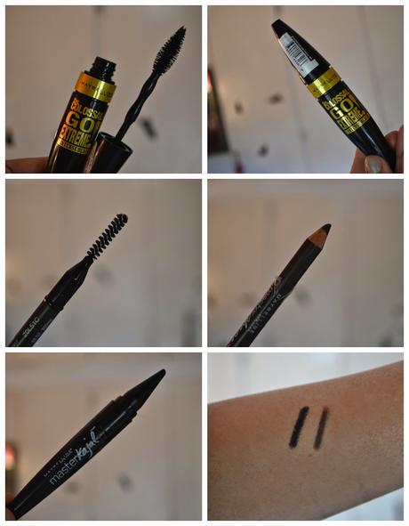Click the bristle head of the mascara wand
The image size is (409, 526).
[x=170, y=49]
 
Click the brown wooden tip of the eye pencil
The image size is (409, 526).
[x=321, y=231]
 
